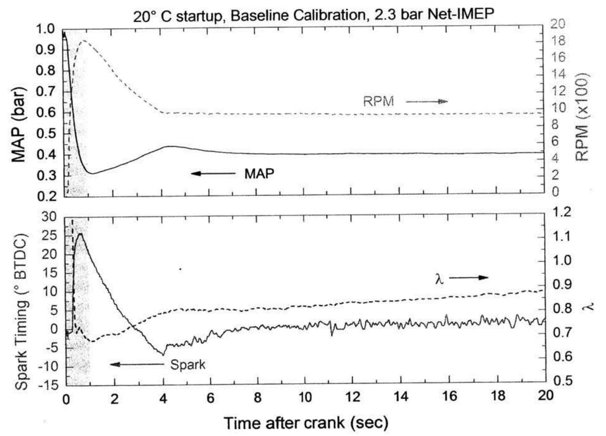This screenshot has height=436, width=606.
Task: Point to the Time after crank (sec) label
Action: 306,423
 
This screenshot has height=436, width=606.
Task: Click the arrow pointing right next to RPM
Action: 426,101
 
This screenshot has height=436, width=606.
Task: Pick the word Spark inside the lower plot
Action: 188,365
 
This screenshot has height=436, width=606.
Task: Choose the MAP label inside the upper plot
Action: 259,173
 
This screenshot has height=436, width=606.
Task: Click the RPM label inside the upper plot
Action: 378,102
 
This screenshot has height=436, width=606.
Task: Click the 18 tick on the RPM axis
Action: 558,41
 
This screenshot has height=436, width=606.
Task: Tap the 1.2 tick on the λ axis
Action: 561,212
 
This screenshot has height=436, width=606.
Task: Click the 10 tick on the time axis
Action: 305,397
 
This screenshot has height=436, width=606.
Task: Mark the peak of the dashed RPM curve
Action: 84,41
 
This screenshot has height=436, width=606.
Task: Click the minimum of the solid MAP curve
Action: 92,173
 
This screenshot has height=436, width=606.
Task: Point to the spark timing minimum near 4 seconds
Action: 163,354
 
